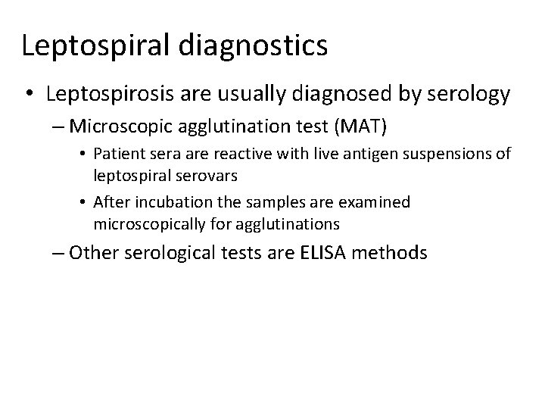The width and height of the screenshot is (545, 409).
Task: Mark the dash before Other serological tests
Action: (59, 252)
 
